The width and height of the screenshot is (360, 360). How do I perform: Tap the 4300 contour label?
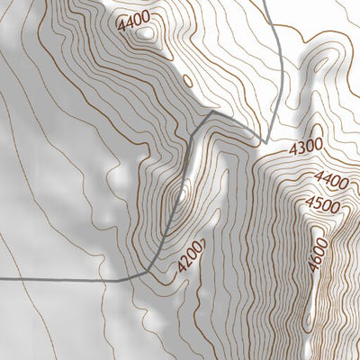tap(305, 146)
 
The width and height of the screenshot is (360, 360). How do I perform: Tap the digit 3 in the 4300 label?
tap(299, 148)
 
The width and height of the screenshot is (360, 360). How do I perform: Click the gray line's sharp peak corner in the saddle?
tap(210, 114)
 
